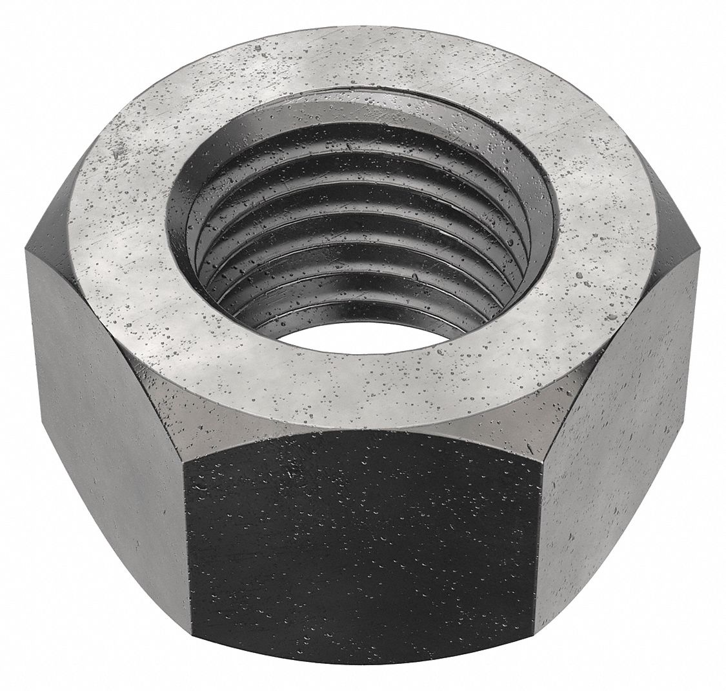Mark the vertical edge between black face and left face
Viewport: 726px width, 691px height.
click(x=187, y=548)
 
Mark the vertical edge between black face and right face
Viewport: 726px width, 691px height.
click(x=539, y=548)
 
